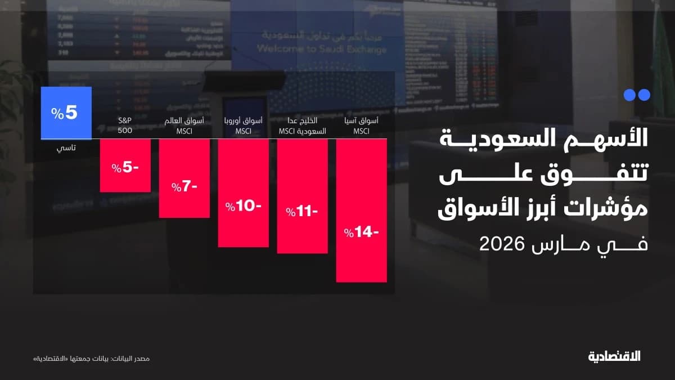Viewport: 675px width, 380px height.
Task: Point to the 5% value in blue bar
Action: click(x=64, y=113)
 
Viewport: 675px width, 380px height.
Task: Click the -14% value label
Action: click(x=360, y=231)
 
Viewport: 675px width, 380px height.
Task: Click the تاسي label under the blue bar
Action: click(x=66, y=149)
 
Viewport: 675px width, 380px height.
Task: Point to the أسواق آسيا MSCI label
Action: click(x=361, y=127)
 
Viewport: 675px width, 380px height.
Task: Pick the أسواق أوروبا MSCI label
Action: click(x=243, y=127)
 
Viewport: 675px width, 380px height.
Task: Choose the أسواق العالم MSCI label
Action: click(x=184, y=127)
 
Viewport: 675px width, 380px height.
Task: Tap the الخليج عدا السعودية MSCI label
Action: click(x=302, y=127)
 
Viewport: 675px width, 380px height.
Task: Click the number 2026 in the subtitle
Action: click(x=502, y=244)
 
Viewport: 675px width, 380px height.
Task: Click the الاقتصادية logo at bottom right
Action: click(x=614, y=356)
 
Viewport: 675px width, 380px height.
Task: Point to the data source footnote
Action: click(x=92, y=359)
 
